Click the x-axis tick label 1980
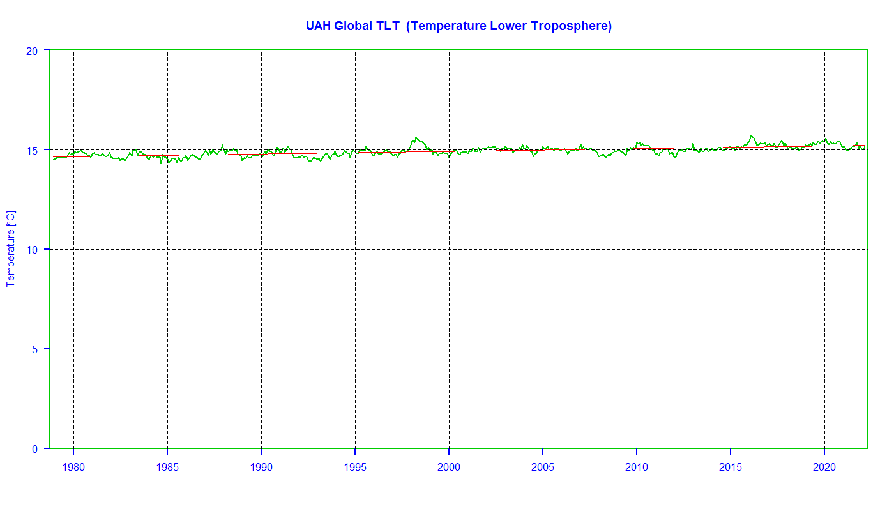[73, 467]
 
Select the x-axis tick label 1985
[167, 467]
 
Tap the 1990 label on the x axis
[261, 467]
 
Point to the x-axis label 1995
[355, 467]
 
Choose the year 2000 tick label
[448, 467]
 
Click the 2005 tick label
[543, 467]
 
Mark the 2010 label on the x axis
[637, 467]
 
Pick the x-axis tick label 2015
[731, 467]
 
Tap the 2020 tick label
[824, 467]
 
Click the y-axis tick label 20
[32, 51]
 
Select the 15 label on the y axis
[32, 151]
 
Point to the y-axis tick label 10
[32, 250]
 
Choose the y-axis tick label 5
[34, 350]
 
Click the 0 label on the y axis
[34, 449]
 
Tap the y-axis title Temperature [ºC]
[11, 249]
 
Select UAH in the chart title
[318, 26]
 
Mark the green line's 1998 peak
[416, 138]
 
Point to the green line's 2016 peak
[752, 137]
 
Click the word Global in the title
[353, 26]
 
